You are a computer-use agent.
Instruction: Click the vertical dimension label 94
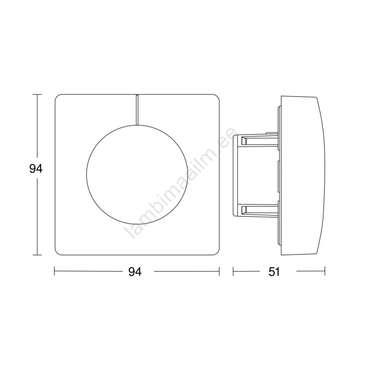tap(36, 169)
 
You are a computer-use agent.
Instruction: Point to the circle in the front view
tap(86, 174)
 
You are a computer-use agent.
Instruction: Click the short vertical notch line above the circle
tap(138, 110)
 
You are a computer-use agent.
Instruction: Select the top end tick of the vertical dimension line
tap(37, 94)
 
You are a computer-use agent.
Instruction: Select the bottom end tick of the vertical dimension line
tap(37, 255)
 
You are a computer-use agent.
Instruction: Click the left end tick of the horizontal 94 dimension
tap(54, 271)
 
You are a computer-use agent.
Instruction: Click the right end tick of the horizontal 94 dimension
tap(219, 271)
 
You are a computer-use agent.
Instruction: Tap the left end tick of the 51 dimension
tap(233, 271)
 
